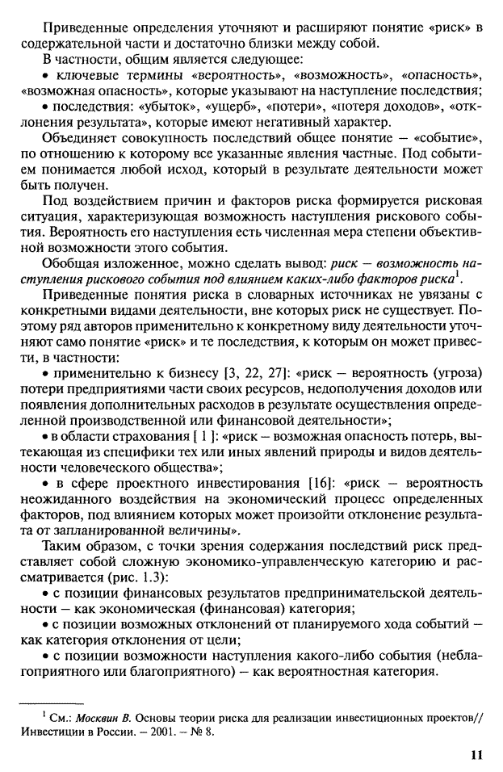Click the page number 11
tap(476, 754)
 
